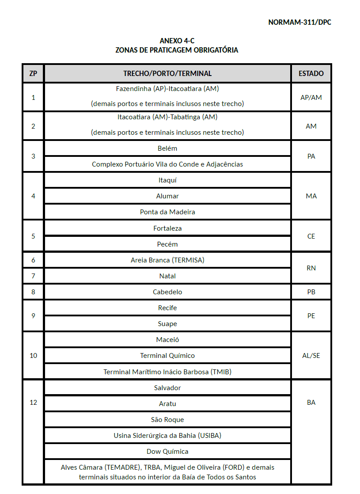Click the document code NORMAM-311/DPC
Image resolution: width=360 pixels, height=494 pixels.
pyautogui.click(x=299, y=22)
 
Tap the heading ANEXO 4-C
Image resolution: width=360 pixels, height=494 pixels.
pyautogui.click(x=177, y=41)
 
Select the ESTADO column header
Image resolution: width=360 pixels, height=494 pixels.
pyautogui.click(x=311, y=73)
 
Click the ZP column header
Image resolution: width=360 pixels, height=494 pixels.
pyautogui.click(x=33, y=73)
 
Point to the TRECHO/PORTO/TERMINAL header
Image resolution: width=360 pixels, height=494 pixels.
pyautogui.click(x=167, y=73)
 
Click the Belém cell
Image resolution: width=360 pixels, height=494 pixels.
pyautogui.click(x=167, y=148)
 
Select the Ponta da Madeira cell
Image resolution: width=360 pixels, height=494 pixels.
pyautogui.click(x=167, y=212)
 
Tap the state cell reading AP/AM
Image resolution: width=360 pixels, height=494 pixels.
pyautogui.click(x=311, y=97)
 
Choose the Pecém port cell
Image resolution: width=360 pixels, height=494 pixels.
pyautogui.click(x=167, y=244)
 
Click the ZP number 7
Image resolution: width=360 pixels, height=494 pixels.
pyautogui.click(x=33, y=276)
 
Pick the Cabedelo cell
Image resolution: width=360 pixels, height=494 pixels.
pyautogui.click(x=167, y=292)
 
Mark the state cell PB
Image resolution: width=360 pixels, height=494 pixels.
pyautogui.click(x=311, y=292)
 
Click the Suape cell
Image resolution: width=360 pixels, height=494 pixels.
pyautogui.click(x=167, y=324)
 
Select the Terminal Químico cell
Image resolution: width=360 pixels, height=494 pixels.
pyautogui.click(x=167, y=356)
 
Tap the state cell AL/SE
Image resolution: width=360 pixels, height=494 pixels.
pyautogui.click(x=311, y=356)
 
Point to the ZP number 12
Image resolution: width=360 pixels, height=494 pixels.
pyautogui.click(x=33, y=403)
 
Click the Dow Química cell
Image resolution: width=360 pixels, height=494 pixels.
pyautogui.click(x=167, y=452)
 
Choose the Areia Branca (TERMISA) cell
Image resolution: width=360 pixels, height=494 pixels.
pyautogui.click(x=167, y=260)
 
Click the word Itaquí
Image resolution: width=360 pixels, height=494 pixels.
pyautogui.click(x=167, y=180)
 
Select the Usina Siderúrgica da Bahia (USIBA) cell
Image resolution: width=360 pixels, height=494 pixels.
pyautogui.click(x=167, y=436)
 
